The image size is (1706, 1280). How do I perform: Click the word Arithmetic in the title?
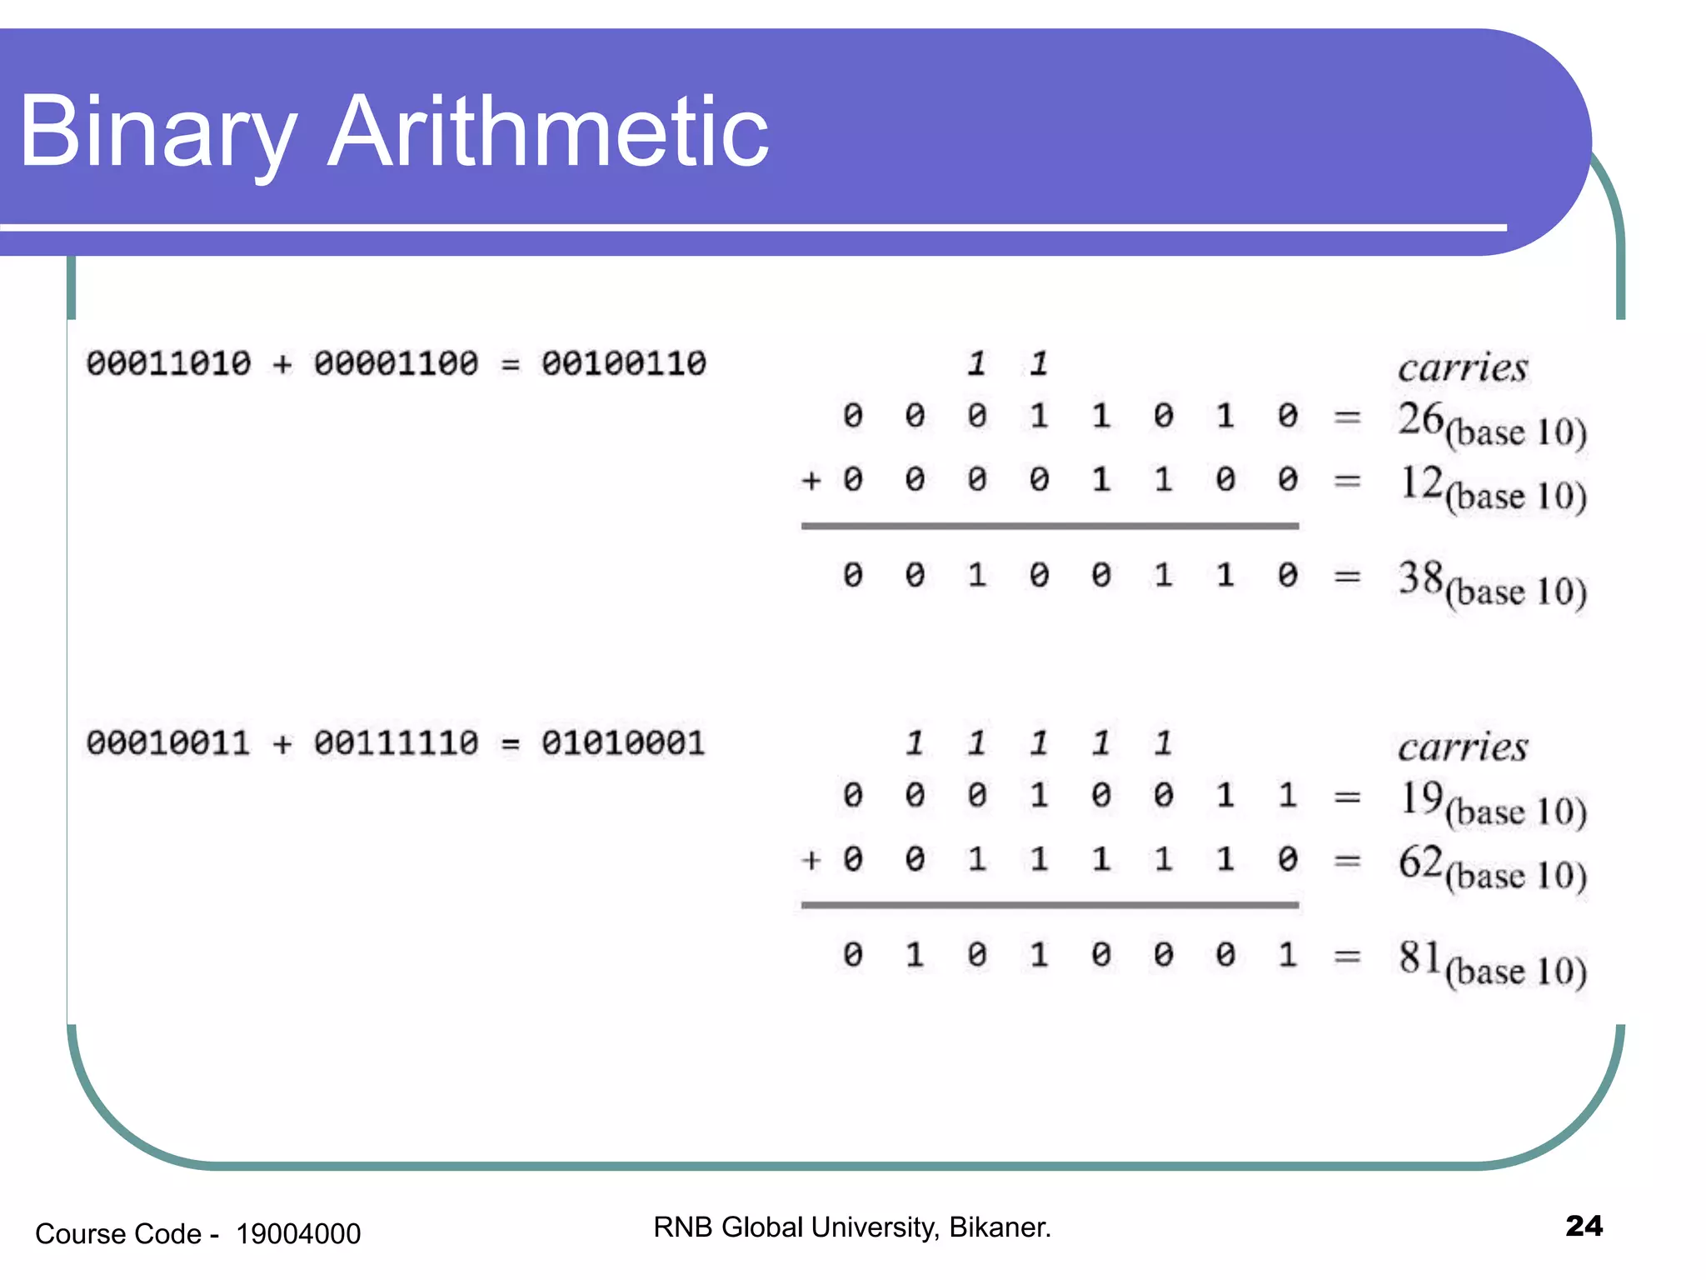[548, 132]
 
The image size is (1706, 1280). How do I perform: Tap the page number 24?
[1584, 1226]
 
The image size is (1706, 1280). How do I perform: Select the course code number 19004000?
[298, 1233]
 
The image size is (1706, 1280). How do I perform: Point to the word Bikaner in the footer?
[1000, 1227]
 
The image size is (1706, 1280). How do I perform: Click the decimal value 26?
[1420, 418]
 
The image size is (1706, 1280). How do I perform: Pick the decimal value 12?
[1420, 482]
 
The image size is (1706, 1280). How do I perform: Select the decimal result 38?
[1420, 577]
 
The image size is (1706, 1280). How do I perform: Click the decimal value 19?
[1420, 797]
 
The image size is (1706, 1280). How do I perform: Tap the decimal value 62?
[1420, 861]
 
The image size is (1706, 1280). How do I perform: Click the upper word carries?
[1463, 367]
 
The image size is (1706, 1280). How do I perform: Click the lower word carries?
[1463, 747]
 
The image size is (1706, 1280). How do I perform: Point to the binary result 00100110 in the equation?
[624, 363]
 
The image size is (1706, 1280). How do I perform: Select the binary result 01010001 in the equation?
[624, 742]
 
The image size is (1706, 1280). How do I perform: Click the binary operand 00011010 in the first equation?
[168, 363]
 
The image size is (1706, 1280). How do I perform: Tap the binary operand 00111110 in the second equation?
[397, 742]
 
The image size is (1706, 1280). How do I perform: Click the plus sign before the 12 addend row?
[811, 481]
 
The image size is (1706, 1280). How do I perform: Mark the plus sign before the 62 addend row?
[811, 860]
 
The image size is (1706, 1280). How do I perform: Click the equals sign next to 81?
[1347, 957]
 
